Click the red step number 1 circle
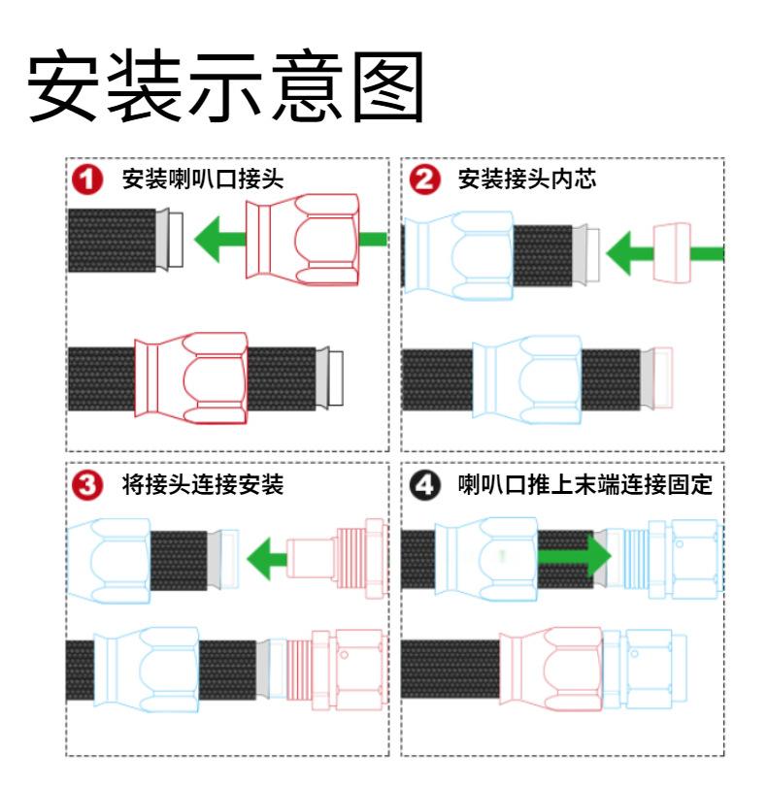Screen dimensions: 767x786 pyautogui.click(x=89, y=180)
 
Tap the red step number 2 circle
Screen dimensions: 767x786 pyautogui.click(x=424, y=180)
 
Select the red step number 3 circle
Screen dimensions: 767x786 pyautogui.click(x=89, y=485)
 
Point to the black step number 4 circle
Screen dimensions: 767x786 pyautogui.click(x=424, y=485)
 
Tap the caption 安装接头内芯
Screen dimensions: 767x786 pyautogui.click(x=525, y=180)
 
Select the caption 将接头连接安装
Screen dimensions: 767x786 pyautogui.click(x=202, y=485)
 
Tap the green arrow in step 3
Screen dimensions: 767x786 pyautogui.click(x=267, y=559)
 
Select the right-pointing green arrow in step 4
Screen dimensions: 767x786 pyautogui.click(x=573, y=558)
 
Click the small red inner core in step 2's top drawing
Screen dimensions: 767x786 pyautogui.click(x=672, y=252)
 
